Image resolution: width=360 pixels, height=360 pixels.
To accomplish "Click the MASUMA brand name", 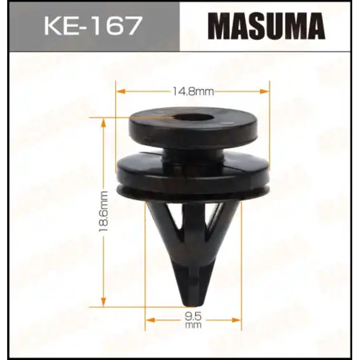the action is coord(266,26).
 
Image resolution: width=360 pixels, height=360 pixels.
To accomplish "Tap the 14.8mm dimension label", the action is coord(193,91).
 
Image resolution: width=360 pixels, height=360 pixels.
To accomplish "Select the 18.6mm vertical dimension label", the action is coord(103,211).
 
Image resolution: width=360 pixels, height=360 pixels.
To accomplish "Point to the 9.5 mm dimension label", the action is coord(193,320).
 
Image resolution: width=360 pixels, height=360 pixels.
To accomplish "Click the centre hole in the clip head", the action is coord(194,118).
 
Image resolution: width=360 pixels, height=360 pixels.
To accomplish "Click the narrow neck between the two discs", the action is coord(193,156).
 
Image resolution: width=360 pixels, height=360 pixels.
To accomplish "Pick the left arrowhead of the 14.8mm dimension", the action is coord(121,91).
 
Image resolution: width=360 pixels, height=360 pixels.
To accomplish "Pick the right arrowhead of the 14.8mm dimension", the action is coord(264,91).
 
